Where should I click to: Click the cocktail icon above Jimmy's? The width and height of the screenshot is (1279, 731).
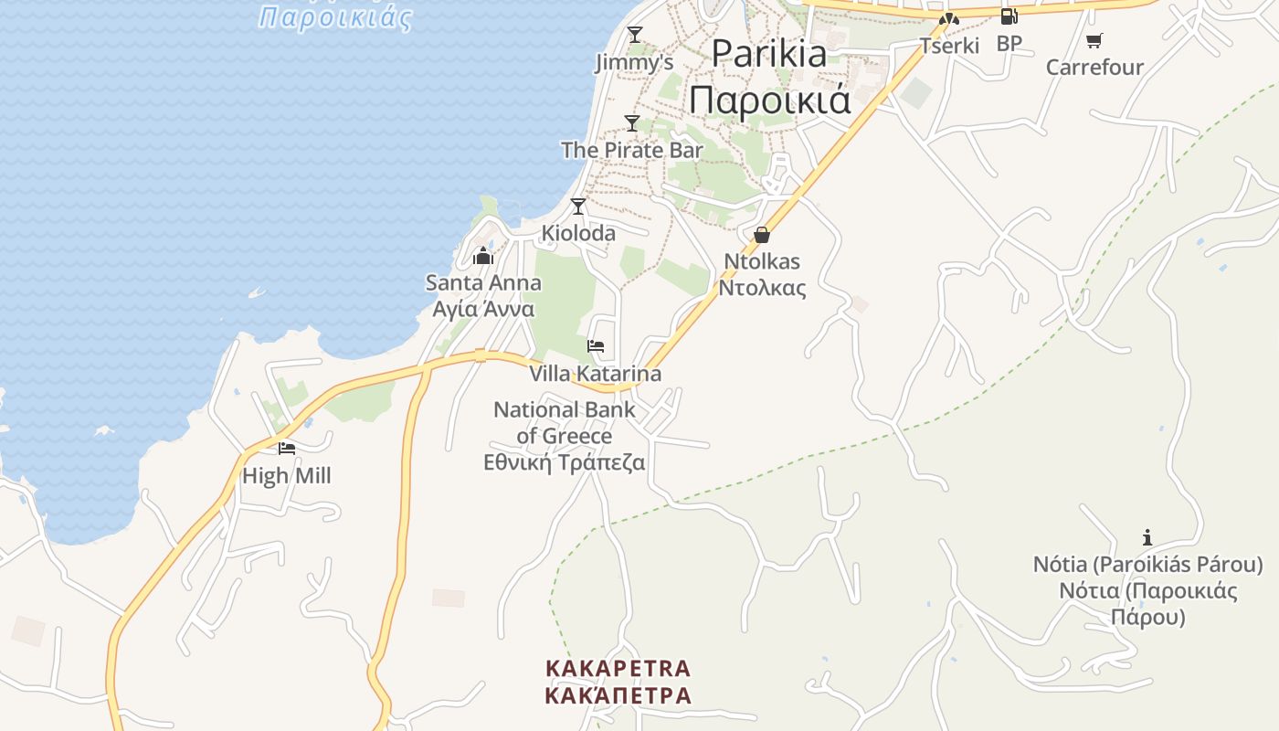pos(635,35)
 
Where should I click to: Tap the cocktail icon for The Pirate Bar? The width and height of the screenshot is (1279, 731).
pos(632,122)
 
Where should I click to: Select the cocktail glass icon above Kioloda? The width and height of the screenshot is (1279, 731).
pos(577,207)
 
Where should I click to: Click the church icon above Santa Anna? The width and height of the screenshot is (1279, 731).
pos(483,256)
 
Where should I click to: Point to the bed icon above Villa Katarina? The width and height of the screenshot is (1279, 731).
pos(596,346)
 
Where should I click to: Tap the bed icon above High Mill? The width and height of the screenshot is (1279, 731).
pos(287,448)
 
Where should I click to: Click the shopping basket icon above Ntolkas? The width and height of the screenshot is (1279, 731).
pos(762,235)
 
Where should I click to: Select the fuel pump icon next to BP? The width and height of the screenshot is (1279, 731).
pos(1009,16)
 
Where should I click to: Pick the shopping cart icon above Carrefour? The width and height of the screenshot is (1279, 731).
pos(1094,40)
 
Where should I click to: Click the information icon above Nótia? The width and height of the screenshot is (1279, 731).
pos(1147,538)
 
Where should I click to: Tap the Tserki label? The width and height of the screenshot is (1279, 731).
pos(949,46)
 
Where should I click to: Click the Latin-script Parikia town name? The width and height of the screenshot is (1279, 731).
pos(768,53)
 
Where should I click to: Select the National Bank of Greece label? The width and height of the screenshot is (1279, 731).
pos(564,422)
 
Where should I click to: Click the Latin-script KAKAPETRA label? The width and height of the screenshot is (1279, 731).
pos(618,669)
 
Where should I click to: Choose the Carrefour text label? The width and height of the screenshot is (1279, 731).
pos(1094,68)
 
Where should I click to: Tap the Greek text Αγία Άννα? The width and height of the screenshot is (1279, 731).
pos(483,309)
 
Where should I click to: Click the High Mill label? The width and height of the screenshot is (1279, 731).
pos(287,476)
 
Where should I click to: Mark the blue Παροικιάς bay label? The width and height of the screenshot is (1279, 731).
pos(335,17)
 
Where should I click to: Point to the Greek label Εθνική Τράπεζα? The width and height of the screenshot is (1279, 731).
pos(564,462)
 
